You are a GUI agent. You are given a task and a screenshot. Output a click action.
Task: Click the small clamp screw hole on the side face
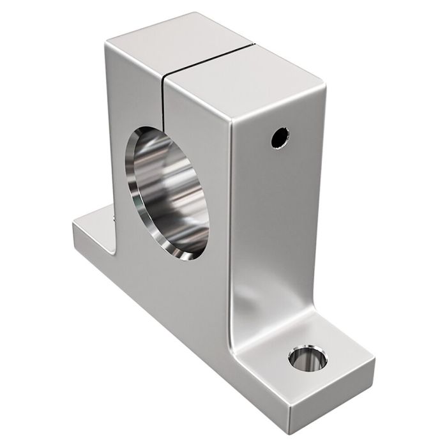[278, 137]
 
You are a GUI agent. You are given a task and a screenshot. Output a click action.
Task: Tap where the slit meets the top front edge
[163, 77]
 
